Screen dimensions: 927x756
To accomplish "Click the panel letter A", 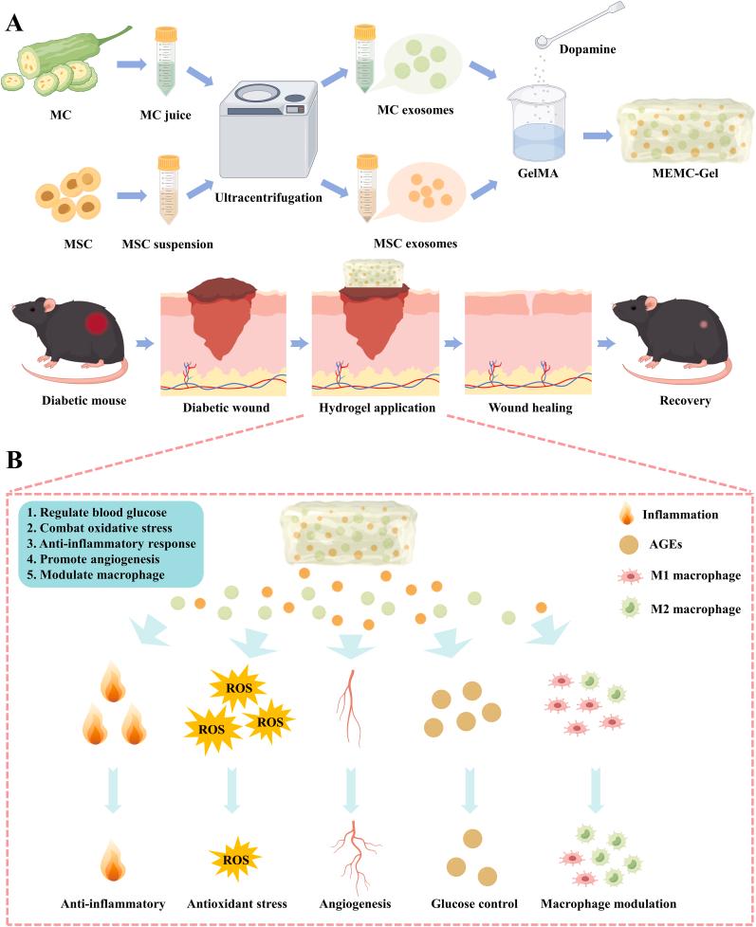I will [15, 22].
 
